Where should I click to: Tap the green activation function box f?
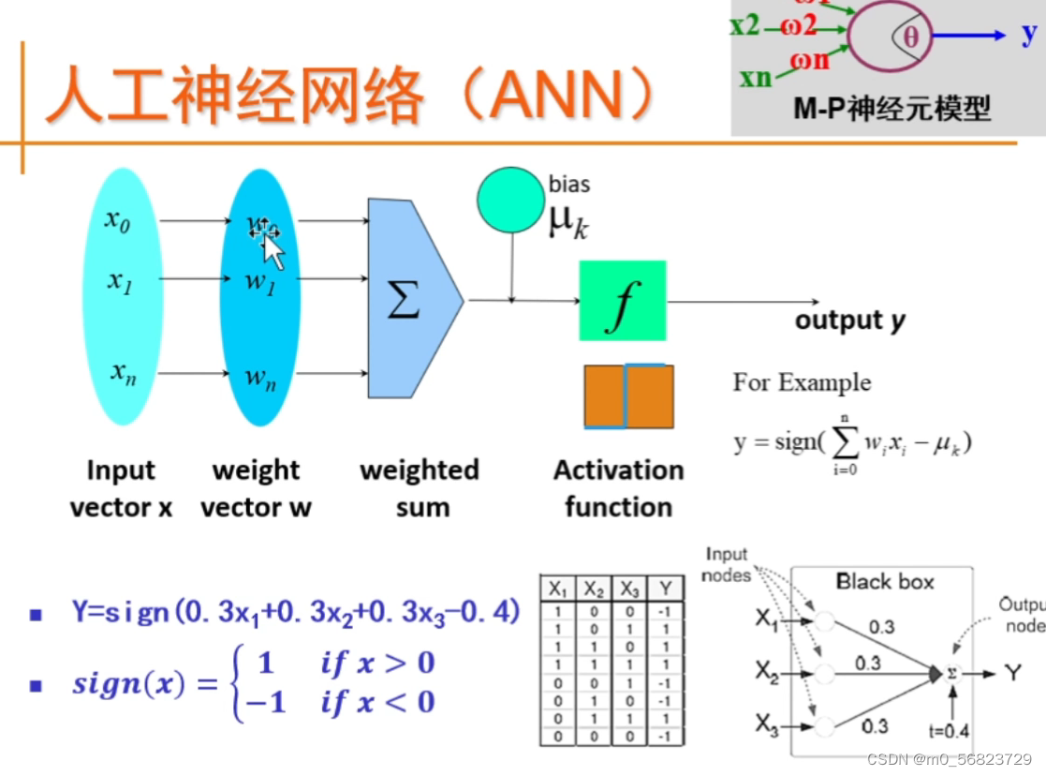coord(623,301)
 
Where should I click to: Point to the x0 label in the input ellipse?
coord(117,221)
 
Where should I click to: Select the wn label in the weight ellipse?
coord(260,378)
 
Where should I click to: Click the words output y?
coord(849,321)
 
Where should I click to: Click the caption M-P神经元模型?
coord(891,109)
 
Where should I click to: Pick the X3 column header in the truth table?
coord(628,589)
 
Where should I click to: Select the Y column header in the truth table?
coord(664,589)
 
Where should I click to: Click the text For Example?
coord(802,382)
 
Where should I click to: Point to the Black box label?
coord(885,582)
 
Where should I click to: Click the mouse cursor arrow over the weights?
coord(273,250)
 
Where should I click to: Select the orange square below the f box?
coord(628,395)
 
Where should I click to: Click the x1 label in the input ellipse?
coord(119,280)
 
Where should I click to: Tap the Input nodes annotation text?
coord(727,564)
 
